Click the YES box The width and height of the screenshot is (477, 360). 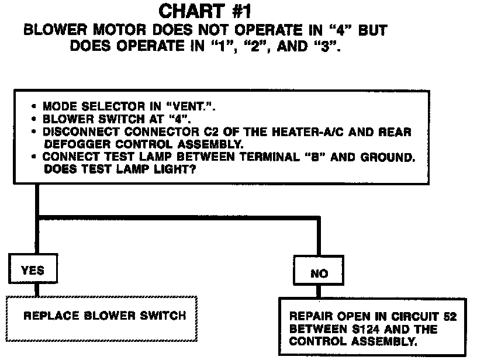[x=32, y=271]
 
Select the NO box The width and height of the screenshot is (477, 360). [x=319, y=273]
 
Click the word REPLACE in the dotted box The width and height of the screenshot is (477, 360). [x=46, y=316]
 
